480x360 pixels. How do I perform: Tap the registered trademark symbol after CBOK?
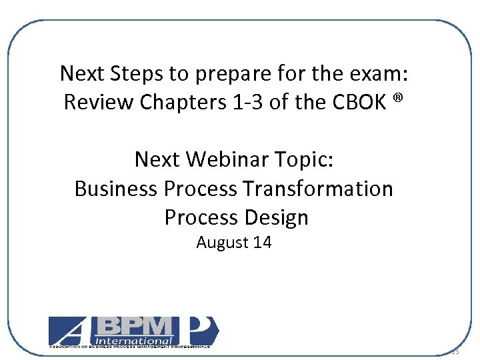[398, 99]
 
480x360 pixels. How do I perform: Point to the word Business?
[116, 189]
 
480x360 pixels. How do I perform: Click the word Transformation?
[317, 189]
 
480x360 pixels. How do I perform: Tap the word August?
[222, 242]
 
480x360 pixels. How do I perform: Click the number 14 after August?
[262, 242]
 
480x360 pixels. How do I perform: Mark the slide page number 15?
[456, 351]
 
